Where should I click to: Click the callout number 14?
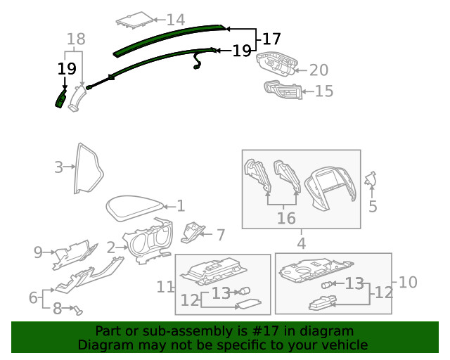point(176,20)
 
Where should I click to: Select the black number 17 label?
point(271,39)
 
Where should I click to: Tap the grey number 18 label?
point(76,39)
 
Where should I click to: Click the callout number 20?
point(319,70)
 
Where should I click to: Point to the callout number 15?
point(324,91)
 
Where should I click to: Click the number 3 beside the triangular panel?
point(58,167)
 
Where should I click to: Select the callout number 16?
point(286,218)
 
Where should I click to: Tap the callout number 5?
point(373,206)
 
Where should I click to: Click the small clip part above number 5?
point(371,179)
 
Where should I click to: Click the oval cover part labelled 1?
point(134,208)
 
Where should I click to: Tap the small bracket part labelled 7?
point(192,232)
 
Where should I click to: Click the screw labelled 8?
point(78,310)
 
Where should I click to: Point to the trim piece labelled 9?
point(75,254)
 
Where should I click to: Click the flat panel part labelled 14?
point(134,20)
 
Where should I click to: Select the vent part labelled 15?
point(283,90)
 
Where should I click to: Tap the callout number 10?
point(408,282)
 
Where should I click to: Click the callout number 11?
point(165,287)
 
